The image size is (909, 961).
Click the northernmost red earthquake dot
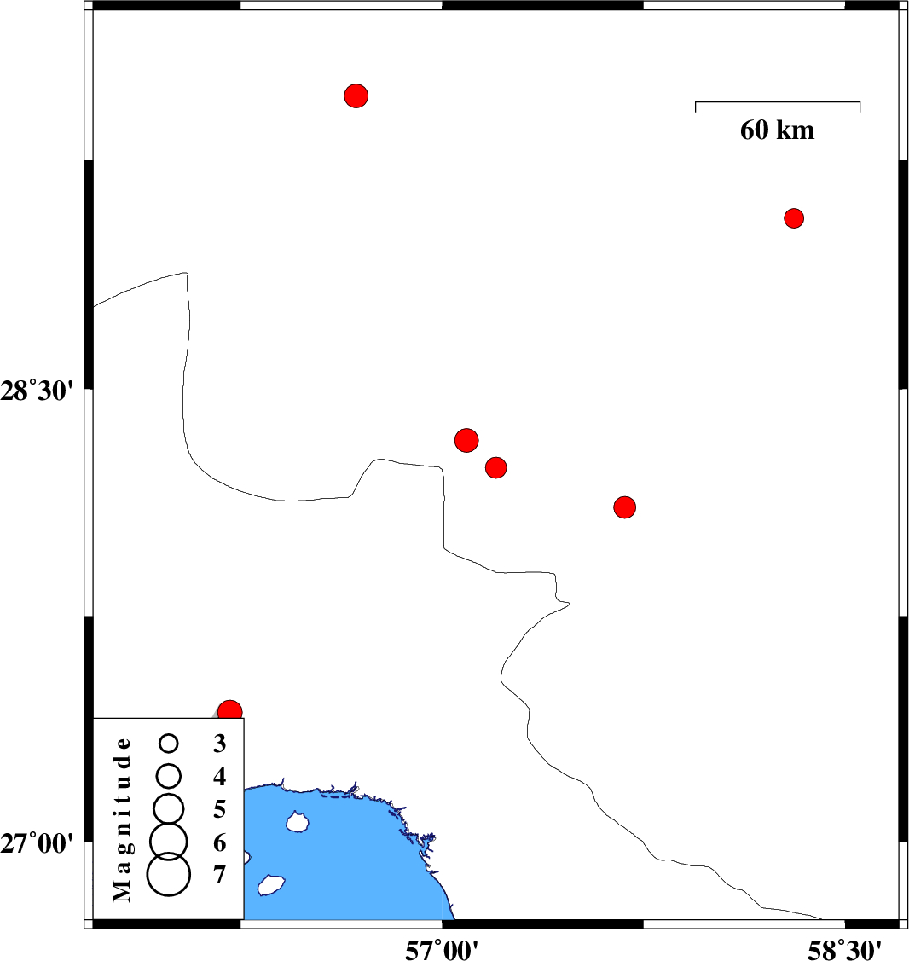pos(356,96)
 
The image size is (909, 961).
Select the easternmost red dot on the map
pos(794,218)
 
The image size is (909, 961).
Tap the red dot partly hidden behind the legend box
pos(230,710)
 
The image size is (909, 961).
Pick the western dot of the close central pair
pos(466,440)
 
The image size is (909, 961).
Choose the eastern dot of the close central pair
pos(496,467)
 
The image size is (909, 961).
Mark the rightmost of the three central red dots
pos(624,507)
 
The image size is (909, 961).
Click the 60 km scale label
pos(777,130)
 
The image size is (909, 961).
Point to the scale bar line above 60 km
pos(778,102)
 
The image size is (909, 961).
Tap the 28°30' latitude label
pos(37,391)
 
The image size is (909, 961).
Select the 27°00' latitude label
pos(37,843)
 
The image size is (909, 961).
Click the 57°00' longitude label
pos(442,950)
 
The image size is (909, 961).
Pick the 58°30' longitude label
pos(845,950)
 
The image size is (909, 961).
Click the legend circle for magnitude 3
pos(169,744)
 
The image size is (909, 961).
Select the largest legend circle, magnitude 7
pos(169,875)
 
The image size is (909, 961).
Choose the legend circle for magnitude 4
pos(169,776)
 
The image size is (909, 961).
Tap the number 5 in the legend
pos(219,809)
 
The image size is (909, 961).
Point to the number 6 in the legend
pos(219,842)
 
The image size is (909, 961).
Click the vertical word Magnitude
pos(123,819)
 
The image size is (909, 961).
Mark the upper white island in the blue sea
pos(298,822)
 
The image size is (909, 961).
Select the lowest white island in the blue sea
pos(271,885)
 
